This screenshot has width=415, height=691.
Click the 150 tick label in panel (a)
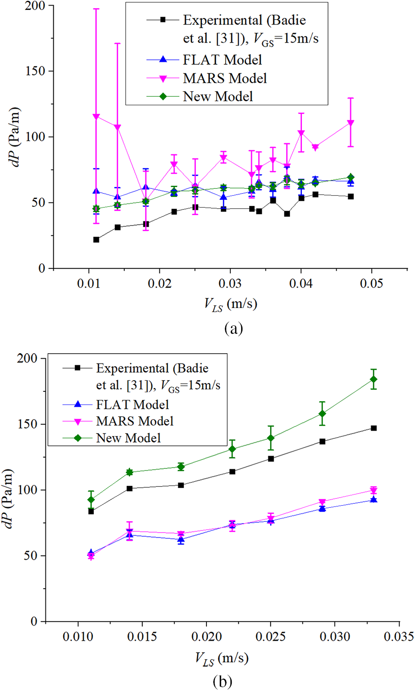coord(35,71)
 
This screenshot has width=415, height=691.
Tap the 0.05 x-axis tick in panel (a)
coord(371,283)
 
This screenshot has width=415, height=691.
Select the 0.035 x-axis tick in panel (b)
coord(399,636)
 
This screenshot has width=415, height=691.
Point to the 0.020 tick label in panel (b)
coord(206,636)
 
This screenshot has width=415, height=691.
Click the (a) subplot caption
coord(233,328)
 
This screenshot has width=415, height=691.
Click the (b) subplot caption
coord(222,681)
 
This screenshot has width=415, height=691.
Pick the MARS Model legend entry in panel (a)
coord(224,78)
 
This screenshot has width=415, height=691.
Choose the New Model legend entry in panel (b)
coord(128,438)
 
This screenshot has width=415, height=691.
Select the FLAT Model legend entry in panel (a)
coord(222,60)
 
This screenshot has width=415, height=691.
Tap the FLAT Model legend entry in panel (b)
coord(132,405)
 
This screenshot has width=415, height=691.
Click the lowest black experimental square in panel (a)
coord(96,240)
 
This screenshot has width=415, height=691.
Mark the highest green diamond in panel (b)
coord(373,379)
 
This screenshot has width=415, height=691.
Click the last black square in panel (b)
coord(373,428)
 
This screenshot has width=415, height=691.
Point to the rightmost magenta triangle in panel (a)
coord(351,123)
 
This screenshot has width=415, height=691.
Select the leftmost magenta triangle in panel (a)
coord(96,116)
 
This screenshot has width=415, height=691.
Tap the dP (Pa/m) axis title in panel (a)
coord(15,137)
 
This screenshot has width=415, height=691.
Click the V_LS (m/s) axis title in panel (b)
coord(221,658)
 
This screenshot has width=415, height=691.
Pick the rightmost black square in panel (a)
coord(351,197)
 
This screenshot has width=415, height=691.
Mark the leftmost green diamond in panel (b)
coord(91,500)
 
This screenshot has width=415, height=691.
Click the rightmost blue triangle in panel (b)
coord(373,500)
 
